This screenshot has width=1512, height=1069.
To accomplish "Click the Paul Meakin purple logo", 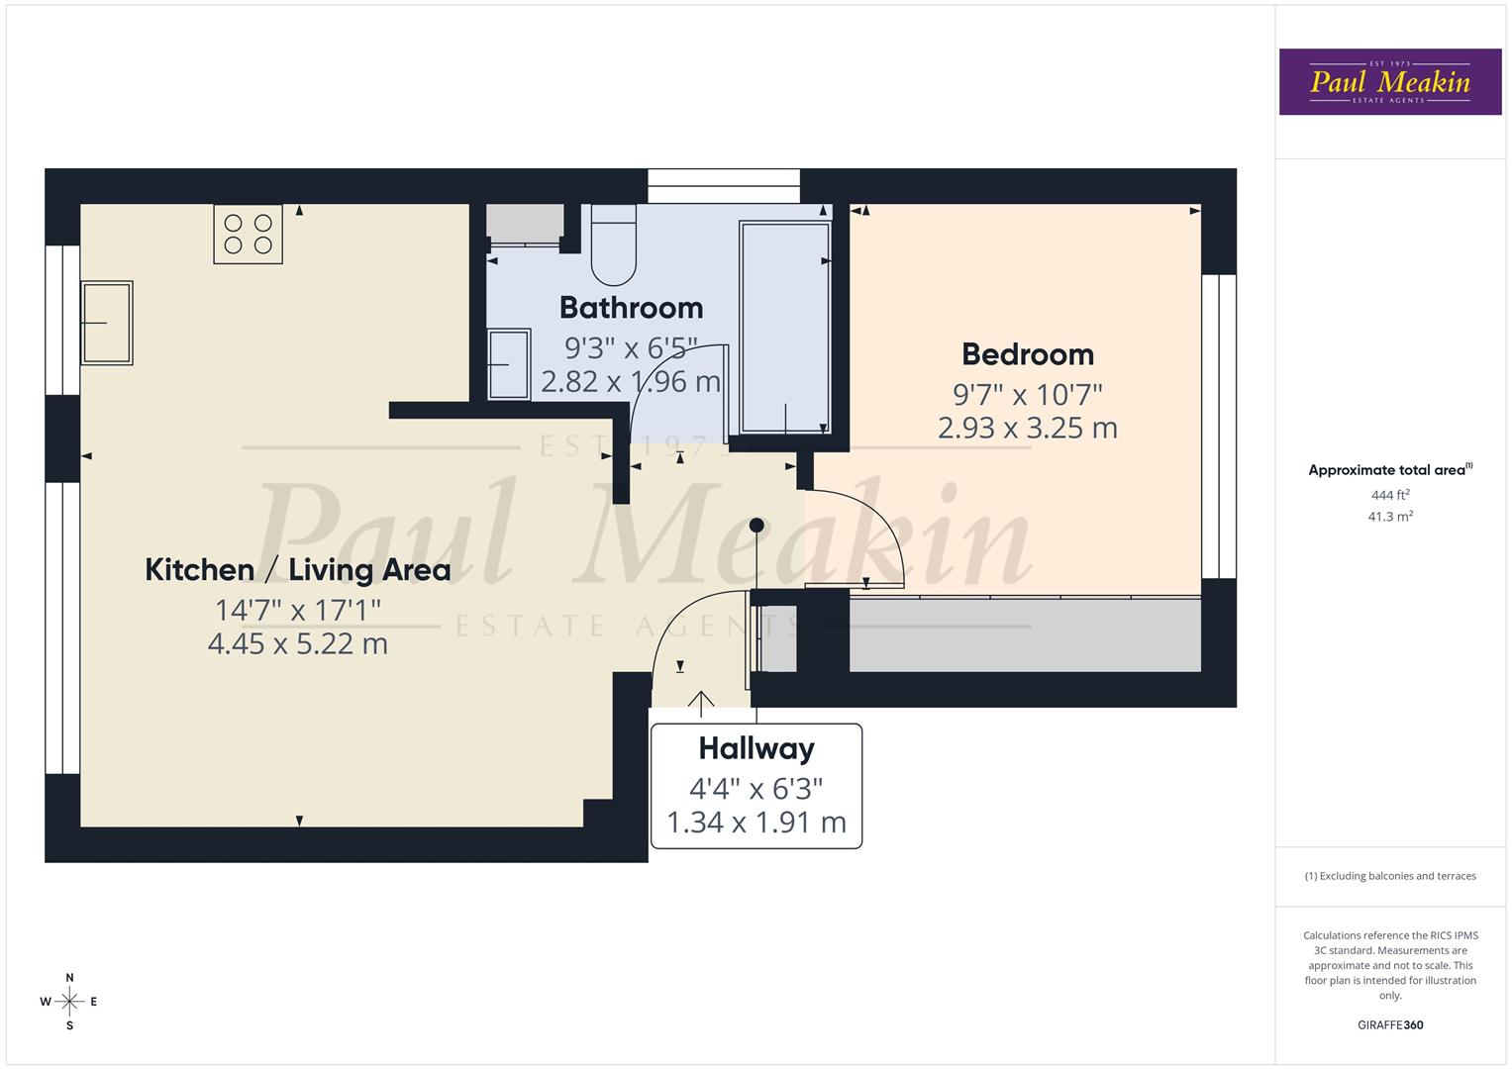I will click(x=1389, y=82).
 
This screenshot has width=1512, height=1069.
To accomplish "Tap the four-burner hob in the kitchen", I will click(x=249, y=234).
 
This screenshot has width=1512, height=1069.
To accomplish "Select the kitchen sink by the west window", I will click(x=107, y=323).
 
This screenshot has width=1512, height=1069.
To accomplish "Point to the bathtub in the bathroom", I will click(x=784, y=327).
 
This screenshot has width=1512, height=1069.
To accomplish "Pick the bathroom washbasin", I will click(x=509, y=364).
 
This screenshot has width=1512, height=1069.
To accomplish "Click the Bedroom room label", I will click(x=1028, y=354).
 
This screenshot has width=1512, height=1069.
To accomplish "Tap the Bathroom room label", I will click(x=631, y=308).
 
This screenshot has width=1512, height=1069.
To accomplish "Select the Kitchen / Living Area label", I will click(x=297, y=570).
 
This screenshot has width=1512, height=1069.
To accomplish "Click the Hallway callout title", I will click(x=756, y=748).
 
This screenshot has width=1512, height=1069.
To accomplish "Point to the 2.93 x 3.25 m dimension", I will click(x=1028, y=429).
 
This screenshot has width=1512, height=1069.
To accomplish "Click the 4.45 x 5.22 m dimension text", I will click(x=297, y=644).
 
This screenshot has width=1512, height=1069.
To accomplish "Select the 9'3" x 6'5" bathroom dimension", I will click(x=631, y=347).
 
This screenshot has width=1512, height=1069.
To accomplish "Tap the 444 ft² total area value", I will click(x=1389, y=495).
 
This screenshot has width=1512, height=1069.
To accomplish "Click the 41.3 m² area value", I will click(x=1389, y=517).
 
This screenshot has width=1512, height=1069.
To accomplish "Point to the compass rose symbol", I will click(x=69, y=1002).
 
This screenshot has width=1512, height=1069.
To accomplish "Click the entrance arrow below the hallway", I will click(x=701, y=703).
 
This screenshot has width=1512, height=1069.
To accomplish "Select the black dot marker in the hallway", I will click(x=756, y=526).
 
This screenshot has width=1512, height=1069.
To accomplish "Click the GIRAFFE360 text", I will click(x=1389, y=1024).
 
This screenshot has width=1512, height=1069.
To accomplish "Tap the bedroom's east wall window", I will click(x=1219, y=426).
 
